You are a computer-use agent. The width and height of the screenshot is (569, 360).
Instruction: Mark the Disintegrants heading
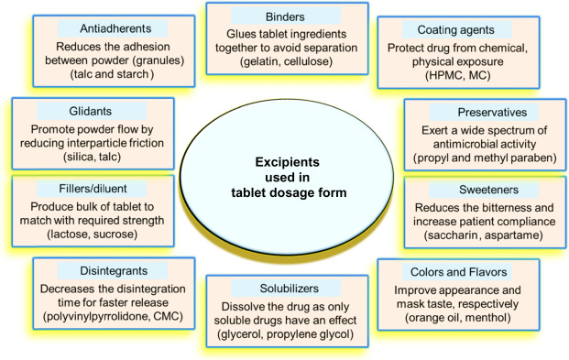[94, 269]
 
